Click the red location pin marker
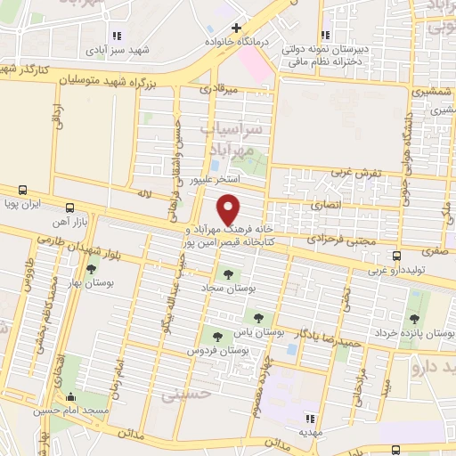(229, 209)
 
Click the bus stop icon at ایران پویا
(21, 190)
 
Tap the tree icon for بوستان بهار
(91, 268)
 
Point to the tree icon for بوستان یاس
(258, 316)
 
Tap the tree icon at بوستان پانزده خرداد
(412, 318)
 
